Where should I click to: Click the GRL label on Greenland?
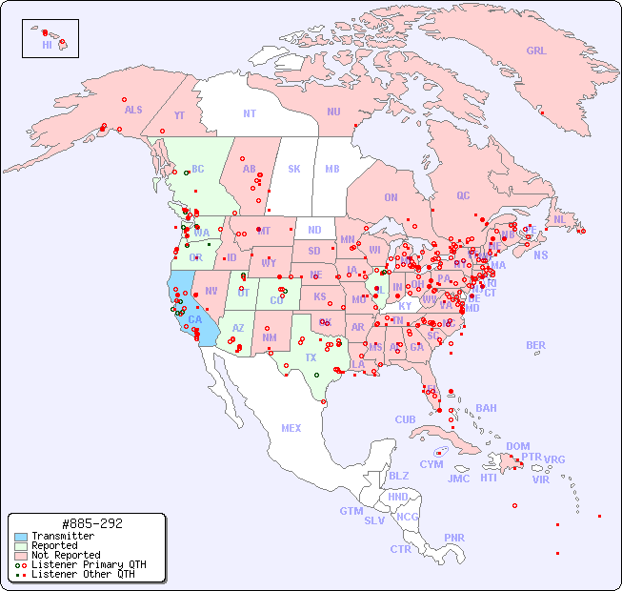tap(536, 51)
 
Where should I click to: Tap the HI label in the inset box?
tap(47, 45)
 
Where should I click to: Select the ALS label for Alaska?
tap(133, 111)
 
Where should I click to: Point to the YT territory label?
tap(179, 115)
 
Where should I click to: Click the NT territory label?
tap(249, 113)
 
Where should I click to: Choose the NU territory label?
tap(333, 112)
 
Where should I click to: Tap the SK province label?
tap(294, 169)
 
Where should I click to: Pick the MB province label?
tap(331, 169)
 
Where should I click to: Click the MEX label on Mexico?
tap(291, 428)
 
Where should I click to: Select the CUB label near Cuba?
tap(405, 419)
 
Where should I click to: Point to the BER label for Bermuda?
tap(535, 345)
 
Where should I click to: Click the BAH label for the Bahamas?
tap(486, 408)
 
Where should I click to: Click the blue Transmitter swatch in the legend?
tap(20, 537)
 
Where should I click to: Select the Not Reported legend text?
tap(66, 555)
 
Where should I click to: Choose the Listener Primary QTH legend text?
tap(89, 564)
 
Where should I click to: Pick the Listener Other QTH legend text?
tap(83, 574)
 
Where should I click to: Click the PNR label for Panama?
tap(454, 538)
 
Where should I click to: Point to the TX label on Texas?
tap(311, 358)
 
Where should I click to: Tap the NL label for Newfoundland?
tap(559, 219)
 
